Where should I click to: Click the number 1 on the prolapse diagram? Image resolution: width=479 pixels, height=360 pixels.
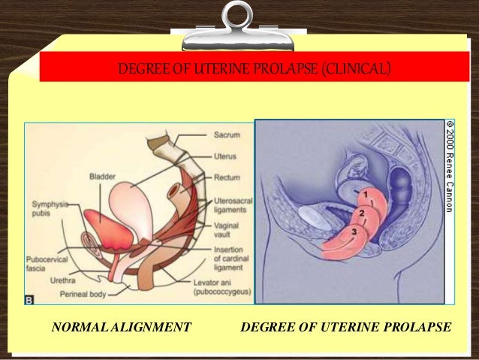(366, 195)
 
